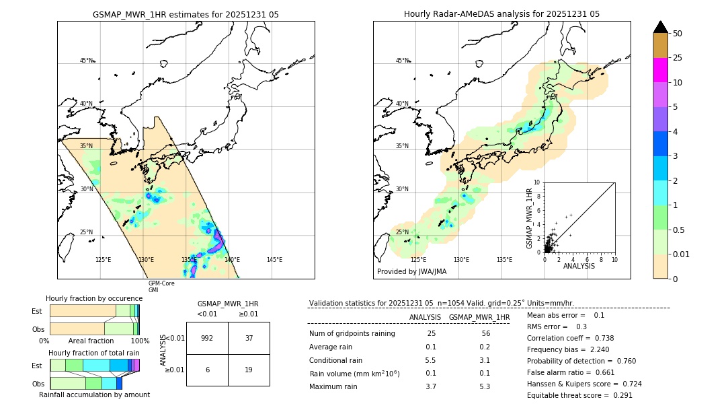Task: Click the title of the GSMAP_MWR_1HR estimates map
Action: pos(186,14)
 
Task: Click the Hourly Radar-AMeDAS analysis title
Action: pos(501,14)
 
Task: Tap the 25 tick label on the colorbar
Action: pos(678,58)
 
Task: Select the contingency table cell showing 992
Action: pos(207,338)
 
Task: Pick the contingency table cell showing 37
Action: pos(249,338)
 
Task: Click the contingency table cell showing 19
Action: pos(249,370)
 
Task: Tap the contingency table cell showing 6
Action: pos(207,370)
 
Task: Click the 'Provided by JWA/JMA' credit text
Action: pos(411,272)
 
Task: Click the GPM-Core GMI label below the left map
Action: pos(161,286)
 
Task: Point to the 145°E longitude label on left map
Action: pos(274,260)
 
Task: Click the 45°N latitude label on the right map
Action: pos(402,61)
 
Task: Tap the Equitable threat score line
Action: pos(579,395)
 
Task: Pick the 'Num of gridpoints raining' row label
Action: pos(352,334)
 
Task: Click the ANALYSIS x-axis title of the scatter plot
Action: pos(579,266)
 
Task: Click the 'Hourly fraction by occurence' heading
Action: pos(94,298)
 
